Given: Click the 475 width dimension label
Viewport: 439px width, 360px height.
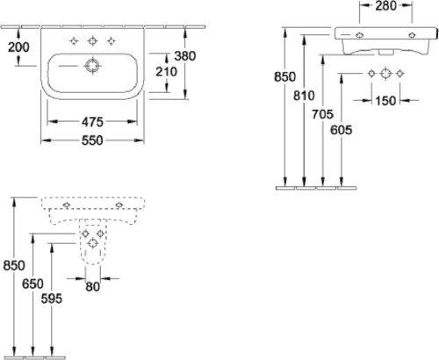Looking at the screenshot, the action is coord(92,122).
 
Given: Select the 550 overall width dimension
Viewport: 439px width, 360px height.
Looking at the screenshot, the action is coord(92,140).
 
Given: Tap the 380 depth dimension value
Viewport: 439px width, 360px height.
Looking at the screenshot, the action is coord(185,55).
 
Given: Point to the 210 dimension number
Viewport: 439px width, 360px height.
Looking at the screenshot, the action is coord(166,71).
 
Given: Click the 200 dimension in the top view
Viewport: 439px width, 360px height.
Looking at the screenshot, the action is coord(18,47).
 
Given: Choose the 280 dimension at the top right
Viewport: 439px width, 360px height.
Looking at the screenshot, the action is coord(386,5).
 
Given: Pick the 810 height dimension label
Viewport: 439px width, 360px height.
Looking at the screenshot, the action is coord(305,96).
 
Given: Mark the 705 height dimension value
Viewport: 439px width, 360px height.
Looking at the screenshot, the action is coord(322,114).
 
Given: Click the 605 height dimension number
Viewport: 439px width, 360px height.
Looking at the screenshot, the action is coord(342,130).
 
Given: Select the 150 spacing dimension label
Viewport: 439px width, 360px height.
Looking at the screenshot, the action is coord(385,101).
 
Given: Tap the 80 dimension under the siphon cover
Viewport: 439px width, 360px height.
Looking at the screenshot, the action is coord(93,287).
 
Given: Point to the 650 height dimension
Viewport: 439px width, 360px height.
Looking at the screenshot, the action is coord(32,284).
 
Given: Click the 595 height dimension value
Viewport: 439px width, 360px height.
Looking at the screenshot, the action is coord(52,299).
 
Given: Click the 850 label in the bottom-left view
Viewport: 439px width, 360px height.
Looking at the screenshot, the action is coord(14,265).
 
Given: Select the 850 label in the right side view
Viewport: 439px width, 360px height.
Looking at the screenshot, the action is coord(285,76).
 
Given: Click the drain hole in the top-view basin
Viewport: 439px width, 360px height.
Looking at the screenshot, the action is coord(93,66).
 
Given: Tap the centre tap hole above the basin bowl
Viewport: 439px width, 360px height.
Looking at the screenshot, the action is coord(93,41).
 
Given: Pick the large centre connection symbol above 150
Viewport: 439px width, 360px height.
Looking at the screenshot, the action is coord(385,74).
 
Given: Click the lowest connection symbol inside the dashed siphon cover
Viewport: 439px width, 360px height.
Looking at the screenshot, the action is coord(93,243).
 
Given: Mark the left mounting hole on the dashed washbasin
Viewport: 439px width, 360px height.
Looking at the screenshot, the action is coord(67,205).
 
